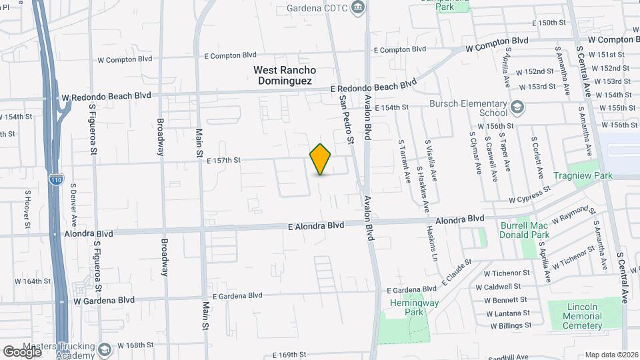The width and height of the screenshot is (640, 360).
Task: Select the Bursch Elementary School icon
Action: click(x=517, y=107)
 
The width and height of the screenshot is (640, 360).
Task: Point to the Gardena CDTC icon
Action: click(x=359, y=7)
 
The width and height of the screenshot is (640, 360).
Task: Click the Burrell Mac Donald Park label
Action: click(x=525, y=230)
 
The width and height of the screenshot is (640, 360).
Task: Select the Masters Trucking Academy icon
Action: click(x=104, y=349)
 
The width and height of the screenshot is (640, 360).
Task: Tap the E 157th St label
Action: click(x=222, y=160)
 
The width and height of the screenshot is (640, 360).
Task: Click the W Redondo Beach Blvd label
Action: click(x=107, y=97)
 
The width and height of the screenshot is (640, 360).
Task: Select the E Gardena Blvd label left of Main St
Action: click(x=234, y=295)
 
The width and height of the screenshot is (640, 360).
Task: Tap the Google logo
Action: click(x=22, y=351)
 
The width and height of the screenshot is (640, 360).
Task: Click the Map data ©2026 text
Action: click(x=611, y=355)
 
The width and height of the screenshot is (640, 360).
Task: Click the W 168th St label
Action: click(x=135, y=345)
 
